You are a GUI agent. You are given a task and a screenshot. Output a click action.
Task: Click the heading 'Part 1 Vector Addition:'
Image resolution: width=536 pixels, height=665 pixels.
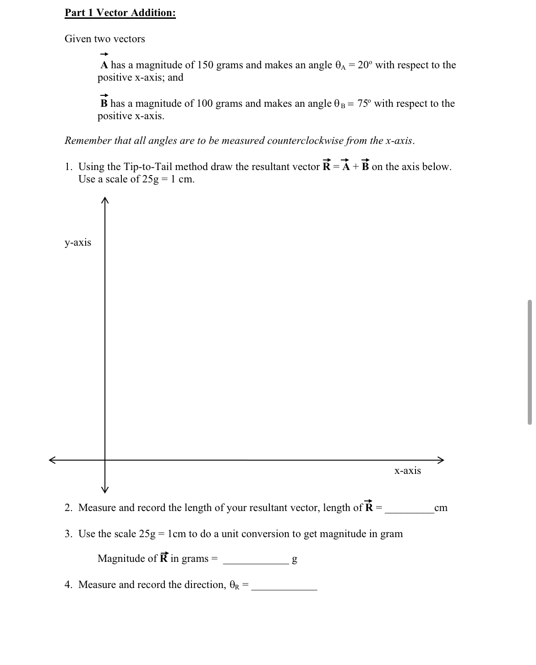(x=120, y=13)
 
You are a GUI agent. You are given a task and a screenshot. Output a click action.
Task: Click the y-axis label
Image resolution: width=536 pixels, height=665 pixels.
(x=78, y=242)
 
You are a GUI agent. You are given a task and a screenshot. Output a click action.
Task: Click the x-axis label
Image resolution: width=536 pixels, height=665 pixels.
(x=407, y=471)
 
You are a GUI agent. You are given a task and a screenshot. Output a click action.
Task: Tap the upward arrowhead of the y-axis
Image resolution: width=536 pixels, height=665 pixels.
(x=105, y=200)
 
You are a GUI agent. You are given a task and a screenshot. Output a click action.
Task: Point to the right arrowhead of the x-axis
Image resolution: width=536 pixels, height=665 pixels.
(x=441, y=460)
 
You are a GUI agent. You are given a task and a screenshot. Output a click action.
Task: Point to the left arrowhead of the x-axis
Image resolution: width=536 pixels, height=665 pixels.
(x=53, y=460)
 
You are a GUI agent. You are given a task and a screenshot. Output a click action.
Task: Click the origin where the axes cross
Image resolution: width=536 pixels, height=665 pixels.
(x=105, y=460)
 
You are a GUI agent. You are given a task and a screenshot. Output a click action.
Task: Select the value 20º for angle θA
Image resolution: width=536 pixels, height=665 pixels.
(x=365, y=65)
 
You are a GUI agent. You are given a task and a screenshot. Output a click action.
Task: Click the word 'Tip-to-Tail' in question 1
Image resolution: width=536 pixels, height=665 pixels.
(x=148, y=167)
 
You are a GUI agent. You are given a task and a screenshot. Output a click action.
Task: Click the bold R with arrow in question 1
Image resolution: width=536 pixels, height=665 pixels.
(x=327, y=165)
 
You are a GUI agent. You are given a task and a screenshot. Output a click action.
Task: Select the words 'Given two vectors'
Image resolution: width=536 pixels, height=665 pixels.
(x=105, y=39)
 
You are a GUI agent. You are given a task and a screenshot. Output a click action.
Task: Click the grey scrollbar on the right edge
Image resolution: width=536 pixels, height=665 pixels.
(x=530, y=362)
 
